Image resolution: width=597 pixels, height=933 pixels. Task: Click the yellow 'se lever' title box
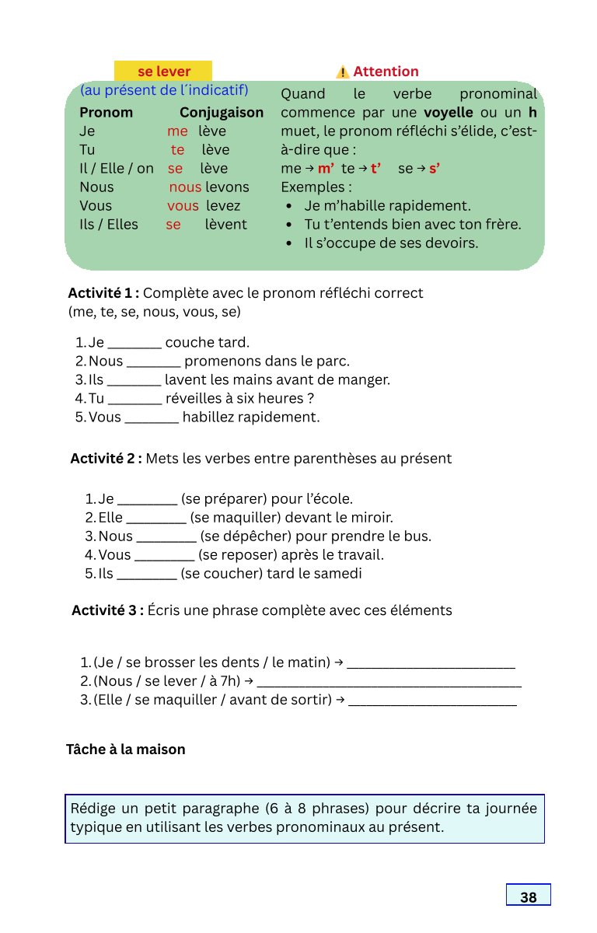[163, 72]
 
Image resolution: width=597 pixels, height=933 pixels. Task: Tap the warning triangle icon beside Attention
[342, 72]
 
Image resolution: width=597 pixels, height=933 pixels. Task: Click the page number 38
[529, 897]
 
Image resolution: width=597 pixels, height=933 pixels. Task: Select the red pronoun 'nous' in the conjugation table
[185, 187]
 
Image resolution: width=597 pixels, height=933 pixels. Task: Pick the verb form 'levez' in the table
[224, 206]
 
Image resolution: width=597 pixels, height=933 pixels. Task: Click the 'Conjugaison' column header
[222, 113]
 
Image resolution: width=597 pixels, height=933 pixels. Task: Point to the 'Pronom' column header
[106, 113]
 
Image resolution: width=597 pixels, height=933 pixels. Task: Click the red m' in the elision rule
[326, 169]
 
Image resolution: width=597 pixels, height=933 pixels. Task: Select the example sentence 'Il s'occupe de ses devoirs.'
[391, 243]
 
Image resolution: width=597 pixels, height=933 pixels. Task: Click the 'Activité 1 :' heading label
[103, 293]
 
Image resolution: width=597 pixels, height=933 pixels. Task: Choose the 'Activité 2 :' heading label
[106, 459]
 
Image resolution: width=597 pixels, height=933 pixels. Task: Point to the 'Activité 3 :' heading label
[107, 610]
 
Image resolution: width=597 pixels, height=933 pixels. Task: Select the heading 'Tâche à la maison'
[126, 750]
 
